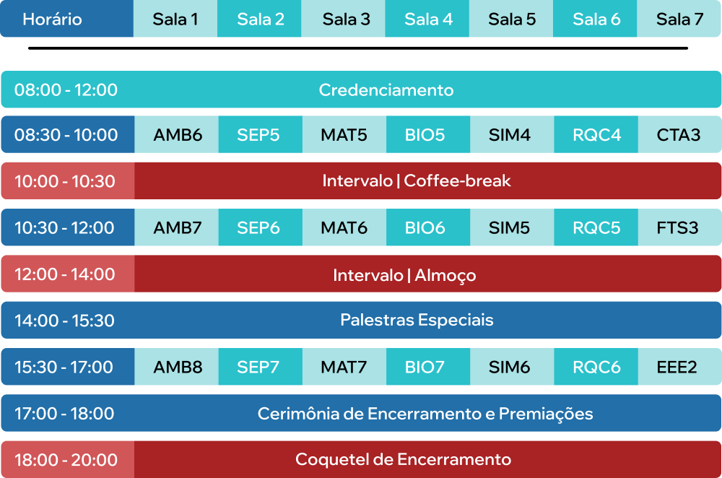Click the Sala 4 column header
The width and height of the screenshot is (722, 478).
427,19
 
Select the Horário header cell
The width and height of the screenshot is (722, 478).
66,19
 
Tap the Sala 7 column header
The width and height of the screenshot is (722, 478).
679,19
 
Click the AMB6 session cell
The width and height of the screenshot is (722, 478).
176,134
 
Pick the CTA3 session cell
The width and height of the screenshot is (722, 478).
679,134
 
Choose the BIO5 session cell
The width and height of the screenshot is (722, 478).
428,134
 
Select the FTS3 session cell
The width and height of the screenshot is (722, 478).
679,227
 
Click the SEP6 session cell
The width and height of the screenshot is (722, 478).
261,227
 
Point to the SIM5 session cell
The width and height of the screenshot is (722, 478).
512,227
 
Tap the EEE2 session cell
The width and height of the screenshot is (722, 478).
679,367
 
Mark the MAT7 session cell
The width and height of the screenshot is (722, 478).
344,367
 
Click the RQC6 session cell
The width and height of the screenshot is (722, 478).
596,367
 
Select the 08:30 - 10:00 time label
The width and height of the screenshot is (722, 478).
66,135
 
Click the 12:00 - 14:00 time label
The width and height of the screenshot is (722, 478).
64,274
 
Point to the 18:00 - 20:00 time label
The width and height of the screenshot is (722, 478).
66,460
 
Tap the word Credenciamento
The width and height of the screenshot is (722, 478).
386,90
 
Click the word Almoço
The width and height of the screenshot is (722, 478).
445,276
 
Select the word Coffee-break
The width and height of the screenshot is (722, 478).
457,181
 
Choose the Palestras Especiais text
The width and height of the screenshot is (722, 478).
417,321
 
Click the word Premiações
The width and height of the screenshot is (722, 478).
546,414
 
